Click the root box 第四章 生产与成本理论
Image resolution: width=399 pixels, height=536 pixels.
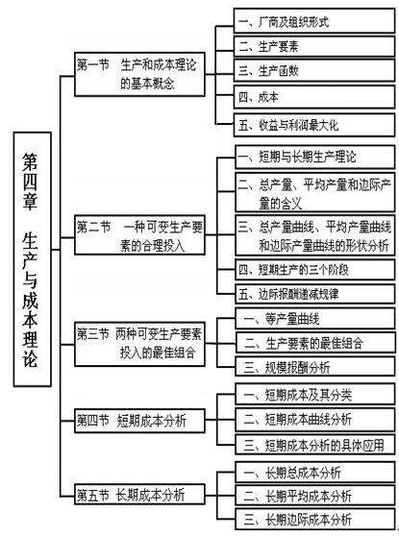coord(33,259)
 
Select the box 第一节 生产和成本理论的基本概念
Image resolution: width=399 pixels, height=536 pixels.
coord(139,74)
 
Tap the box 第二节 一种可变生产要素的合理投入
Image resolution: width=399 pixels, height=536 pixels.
coord(139,234)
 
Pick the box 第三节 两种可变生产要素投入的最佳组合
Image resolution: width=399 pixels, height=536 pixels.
coord(139,344)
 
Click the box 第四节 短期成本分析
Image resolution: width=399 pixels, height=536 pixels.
coord(139,421)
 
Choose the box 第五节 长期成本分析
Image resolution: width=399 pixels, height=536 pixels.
coord(139,495)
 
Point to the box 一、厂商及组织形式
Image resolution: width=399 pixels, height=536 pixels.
coord(314,21)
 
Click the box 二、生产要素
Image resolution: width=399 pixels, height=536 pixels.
coord(314,46)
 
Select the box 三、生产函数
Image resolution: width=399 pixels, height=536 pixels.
coord(314,70)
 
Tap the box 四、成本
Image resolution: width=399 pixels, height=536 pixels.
coord(314,97)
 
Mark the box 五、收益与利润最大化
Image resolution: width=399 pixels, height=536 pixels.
coord(314,125)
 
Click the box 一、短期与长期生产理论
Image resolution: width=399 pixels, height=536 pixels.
coord(314,158)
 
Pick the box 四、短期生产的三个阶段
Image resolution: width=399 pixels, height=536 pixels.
coord(314,270)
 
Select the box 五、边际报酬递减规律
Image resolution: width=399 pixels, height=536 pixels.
coord(314,294)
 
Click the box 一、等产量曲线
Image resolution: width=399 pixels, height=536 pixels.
coord(314,319)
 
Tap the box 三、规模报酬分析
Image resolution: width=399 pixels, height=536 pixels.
coord(314,367)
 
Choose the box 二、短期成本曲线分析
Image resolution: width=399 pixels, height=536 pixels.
coord(314,419)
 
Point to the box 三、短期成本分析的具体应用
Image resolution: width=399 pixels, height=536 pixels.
coord(314,445)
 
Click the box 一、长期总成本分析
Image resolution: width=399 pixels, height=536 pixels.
coord(314,472)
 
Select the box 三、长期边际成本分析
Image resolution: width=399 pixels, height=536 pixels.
coord(314,520)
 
